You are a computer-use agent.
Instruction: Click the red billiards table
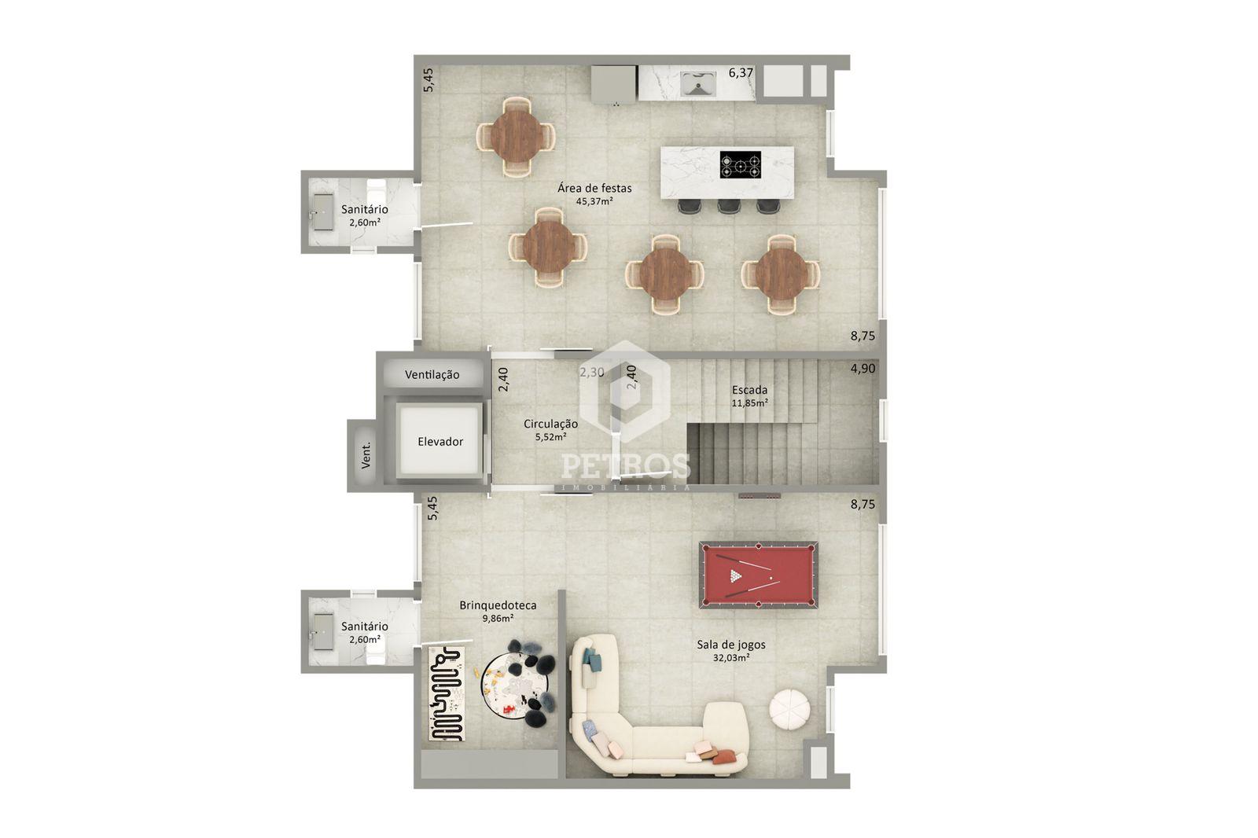pyautogui.click(x=758, y=575)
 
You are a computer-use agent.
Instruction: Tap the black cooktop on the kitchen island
pyautogui.click(x=741, y=164)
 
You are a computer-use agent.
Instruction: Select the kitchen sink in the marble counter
pyautogui.click(x=698, y=84)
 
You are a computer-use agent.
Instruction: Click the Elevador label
pyautogui.click(x=440, y=442)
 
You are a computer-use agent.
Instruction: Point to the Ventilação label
pyautogui.click(x=432, y=375)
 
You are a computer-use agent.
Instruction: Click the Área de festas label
pyautogui.click(x=594, y=188)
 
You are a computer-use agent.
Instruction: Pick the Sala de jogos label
pyautogui.click(x=731, y=645)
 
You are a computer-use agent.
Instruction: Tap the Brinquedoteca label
pyautogui.click(x=498, y=605)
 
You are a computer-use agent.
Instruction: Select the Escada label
pyautogui.click(x=749, y=390)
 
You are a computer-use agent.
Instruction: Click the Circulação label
pyautogui.click(x=550, y=424)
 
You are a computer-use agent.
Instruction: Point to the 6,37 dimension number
pyautogui.click(x=741, y=72)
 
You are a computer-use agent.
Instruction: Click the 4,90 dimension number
pyautogui.click(x=863, y=369)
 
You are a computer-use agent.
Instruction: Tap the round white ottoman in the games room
pyautogui.click(x=789, y=710)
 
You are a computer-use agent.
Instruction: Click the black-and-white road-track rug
pyautogui.click(x=447, y=693)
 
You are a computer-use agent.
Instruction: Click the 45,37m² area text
pyautogui.click(x=594, y=201)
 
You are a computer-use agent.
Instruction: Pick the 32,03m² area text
pyautogui.click(x=731, y=658)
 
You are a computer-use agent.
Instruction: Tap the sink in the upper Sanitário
pyautogui.click(x=323, y=212)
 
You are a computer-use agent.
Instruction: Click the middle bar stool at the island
pyautogui.click(x=728, y=206)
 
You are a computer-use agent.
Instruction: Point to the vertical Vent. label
pyautogui.click(x=366, y=455)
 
